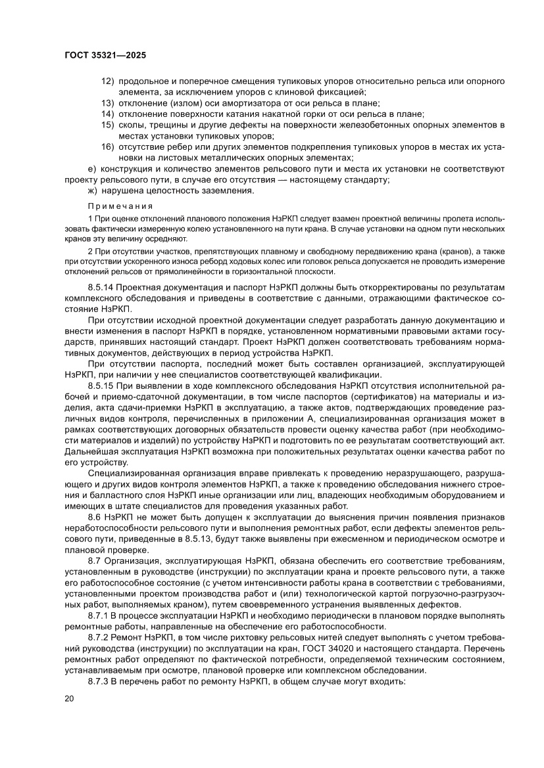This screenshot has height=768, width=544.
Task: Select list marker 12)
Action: coord(107,81)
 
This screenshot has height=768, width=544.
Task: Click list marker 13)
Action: coord(107,103)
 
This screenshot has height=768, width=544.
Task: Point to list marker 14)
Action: coord(107,114)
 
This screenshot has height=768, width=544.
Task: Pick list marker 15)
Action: coord(107,125)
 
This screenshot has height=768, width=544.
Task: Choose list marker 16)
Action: coord(107,147)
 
